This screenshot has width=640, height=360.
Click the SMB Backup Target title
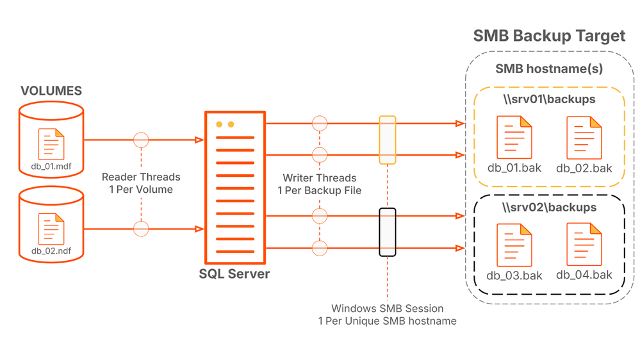click(x=549, y=35)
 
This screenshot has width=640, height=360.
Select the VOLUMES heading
click(x=51, y=91)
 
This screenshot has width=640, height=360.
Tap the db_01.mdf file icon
click(x=51, y=143)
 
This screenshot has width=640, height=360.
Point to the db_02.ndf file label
click(x=51, y=251)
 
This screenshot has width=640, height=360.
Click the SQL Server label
click(x=234, y=274)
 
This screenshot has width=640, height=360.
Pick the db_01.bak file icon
click(x=514, y=137)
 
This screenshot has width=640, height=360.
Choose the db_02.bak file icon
click(x=584, y=137)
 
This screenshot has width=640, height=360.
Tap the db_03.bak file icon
click(x=514, y=245)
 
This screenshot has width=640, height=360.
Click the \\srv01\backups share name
click(x=549, y=99)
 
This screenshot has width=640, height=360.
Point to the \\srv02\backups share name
click(x=549, y=208)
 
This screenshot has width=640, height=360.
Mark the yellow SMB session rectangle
click(x=387, y=140)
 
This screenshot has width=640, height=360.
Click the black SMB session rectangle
click(x=387, y=232)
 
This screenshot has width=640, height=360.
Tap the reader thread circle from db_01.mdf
click(x=141, y=140)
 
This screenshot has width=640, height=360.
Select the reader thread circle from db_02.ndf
click(x=141, y=227)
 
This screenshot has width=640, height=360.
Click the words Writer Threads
click(x=319, y=178)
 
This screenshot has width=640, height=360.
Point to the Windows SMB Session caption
click(x=387, y=309)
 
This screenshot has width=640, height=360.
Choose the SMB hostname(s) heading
click(x=549, y=69)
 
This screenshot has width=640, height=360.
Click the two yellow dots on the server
click(x=225, y=124)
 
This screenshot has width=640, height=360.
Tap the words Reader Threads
click(x=141, y=177)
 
